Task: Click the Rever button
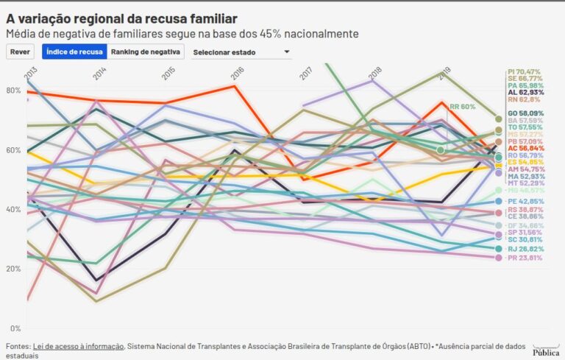20,52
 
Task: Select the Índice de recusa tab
74,52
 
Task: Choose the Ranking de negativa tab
146,52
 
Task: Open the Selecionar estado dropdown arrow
287,52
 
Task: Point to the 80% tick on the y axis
13,91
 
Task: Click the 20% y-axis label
13,269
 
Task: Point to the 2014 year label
99,73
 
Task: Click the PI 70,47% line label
524,72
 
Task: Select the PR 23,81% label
525,258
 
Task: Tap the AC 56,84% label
525,147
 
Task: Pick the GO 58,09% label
525,113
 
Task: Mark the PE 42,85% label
525,201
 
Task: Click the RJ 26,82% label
525,249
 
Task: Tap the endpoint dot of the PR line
499,258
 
